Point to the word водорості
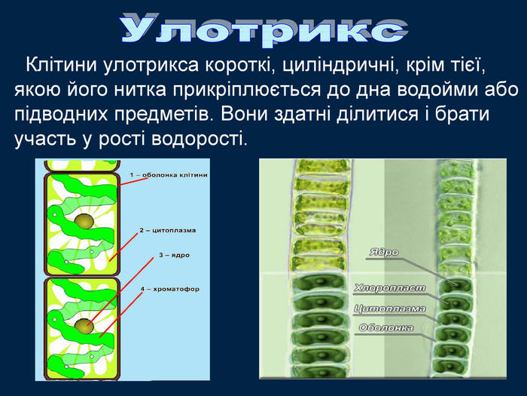(199, 139)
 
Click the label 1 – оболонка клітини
(169, 175)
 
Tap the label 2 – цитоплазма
(168, 231)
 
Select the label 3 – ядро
(175, 255)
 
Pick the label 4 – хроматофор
(170, 289)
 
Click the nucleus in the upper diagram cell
(84, 221)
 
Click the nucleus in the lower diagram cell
(84, 326)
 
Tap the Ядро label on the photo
(384, 252)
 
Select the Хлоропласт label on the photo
(390, 288)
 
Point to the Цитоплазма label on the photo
(390, 309)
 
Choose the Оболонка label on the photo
(386, 328)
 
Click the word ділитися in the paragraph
(377, 115)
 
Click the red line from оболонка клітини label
(134, 182)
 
